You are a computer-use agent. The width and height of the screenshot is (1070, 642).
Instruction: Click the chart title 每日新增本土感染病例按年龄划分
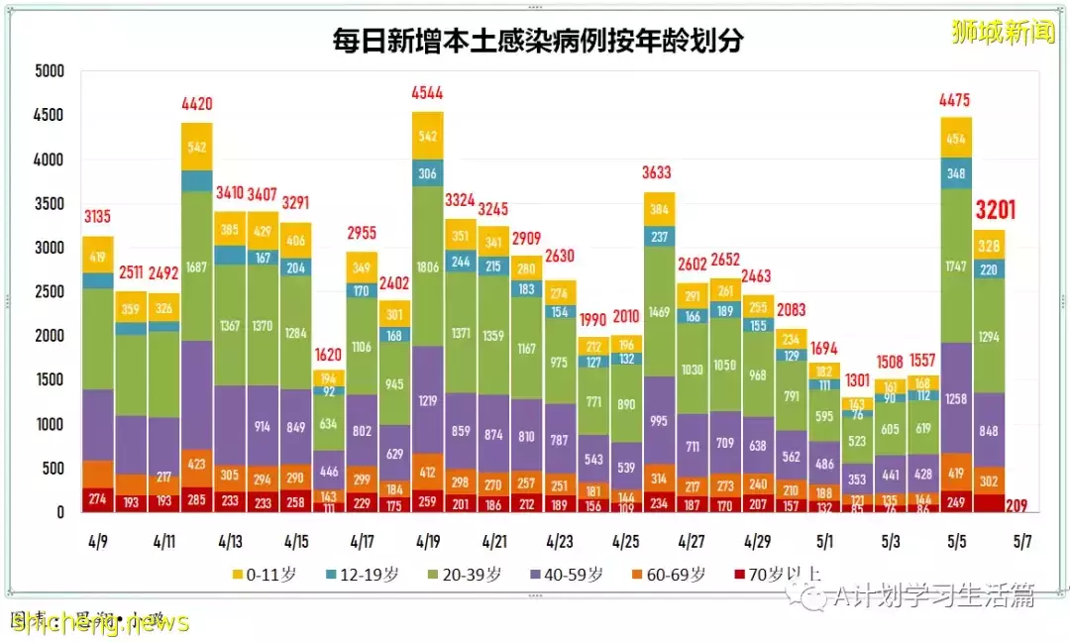pyautogui.click(x=538, y=41)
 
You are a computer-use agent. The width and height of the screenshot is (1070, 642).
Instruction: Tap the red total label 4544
pyautogui.click(x=428, y=95)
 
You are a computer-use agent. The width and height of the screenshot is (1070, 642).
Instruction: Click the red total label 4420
pyautogui.click(x=197, y=104)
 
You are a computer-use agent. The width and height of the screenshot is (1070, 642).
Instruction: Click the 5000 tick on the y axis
pyautogui.click(x=48, y=71)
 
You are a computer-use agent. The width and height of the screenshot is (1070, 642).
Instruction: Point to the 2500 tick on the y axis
pyautogui.click(x=48, y=292)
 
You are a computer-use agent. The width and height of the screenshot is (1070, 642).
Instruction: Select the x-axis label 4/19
pyautogui.click(x=428, y=542)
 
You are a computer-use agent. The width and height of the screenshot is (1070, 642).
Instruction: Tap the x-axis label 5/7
pyautogui.click(x=1022, y=542)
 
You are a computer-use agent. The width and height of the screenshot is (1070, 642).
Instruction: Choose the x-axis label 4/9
pyautogui.click(x=98, y=542)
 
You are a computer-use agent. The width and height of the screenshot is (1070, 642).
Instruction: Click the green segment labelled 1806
pyautogui.click(x=428, y=267)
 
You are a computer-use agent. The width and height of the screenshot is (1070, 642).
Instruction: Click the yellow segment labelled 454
pyautogui.click(x=956, y=139)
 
